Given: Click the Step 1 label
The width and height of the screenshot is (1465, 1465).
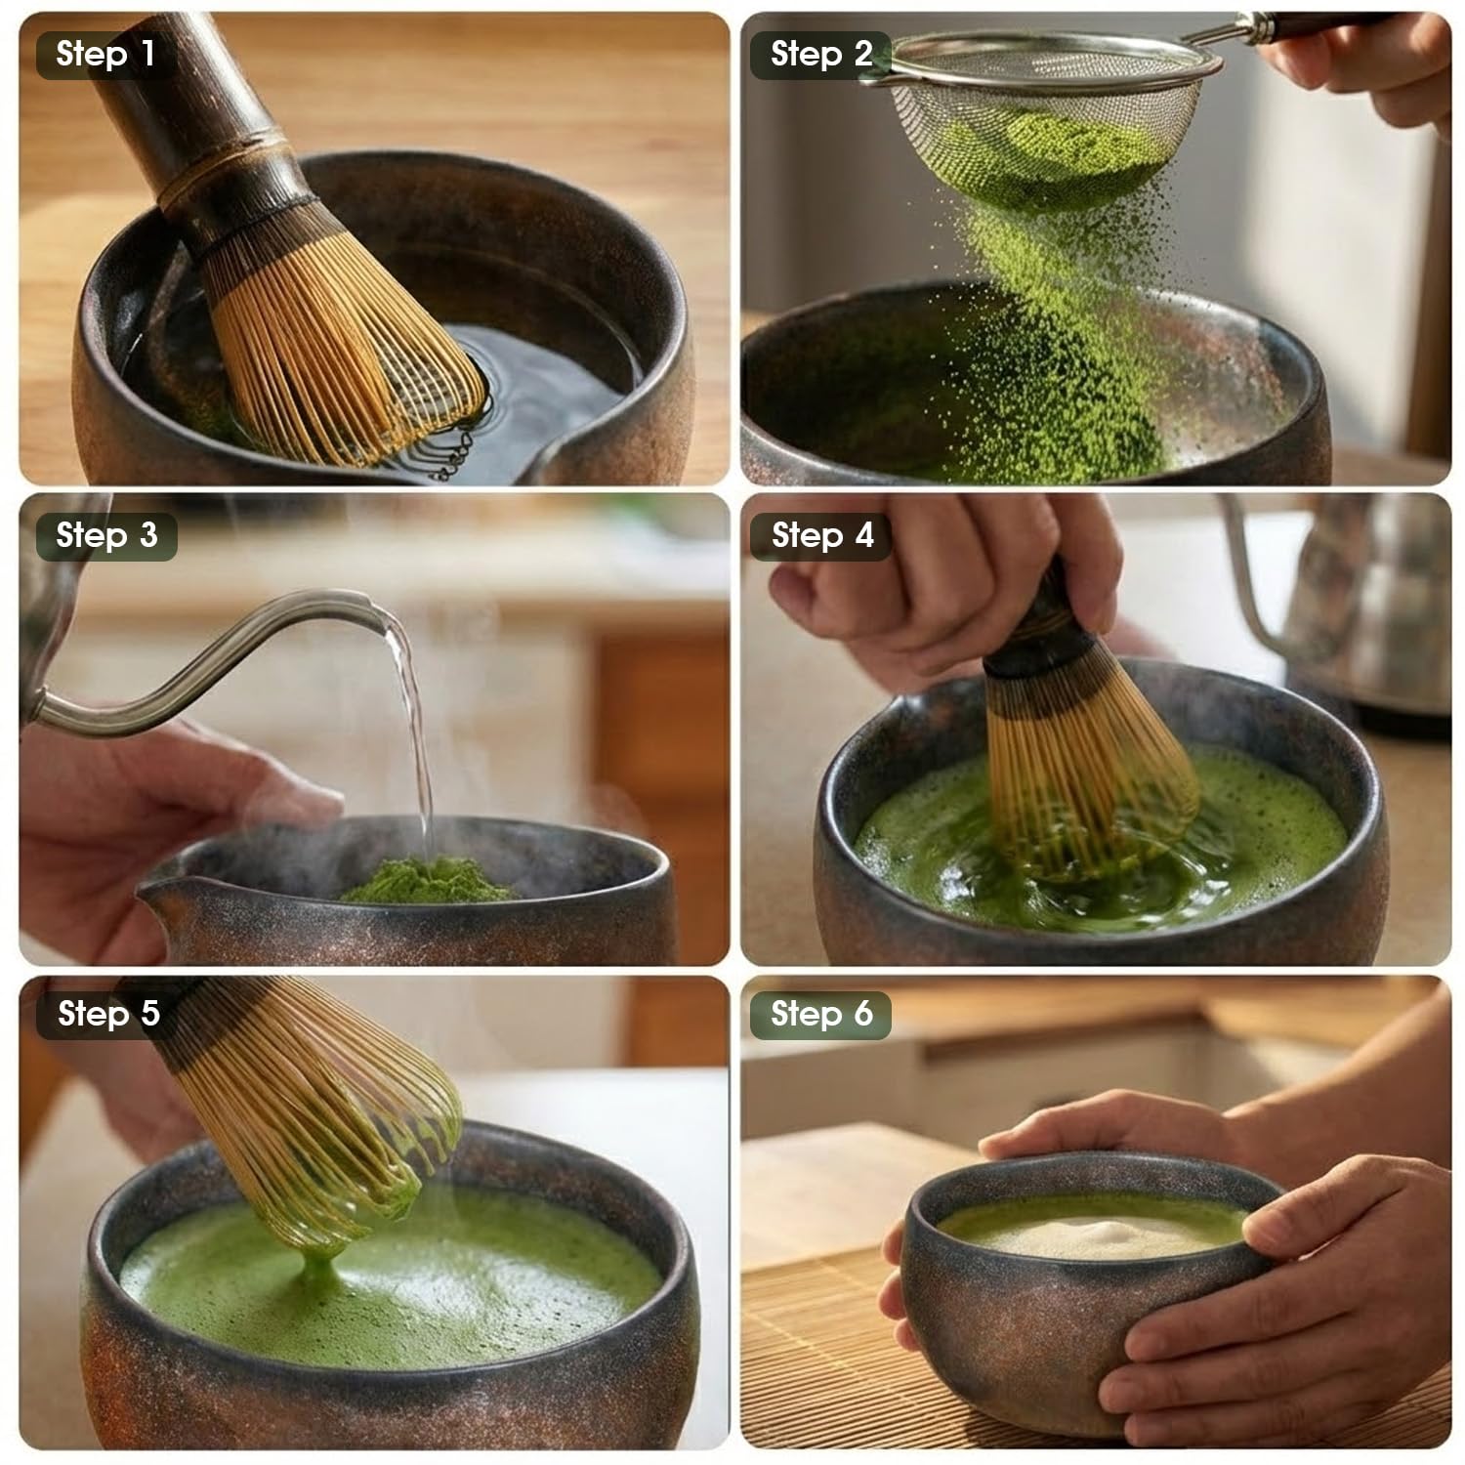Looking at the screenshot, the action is point(105,55).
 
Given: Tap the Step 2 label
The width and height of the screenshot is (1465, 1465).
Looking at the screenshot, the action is point(820,55).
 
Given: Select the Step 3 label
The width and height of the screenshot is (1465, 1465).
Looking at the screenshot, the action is point(106,536).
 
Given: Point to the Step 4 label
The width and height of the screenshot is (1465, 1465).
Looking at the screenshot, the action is point(821,536).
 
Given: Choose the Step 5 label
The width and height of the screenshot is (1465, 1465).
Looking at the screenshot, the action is point(107,1015).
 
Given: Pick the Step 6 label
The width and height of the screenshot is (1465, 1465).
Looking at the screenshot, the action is point(820,1015).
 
